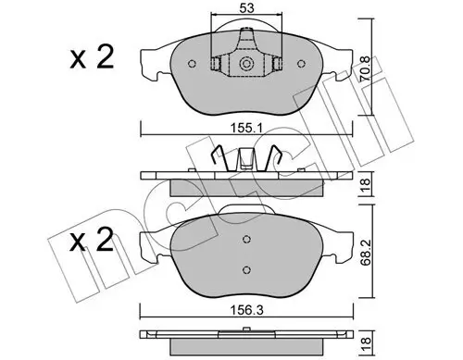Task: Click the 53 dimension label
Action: coord(246,8)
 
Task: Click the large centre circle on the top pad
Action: coord(246,65)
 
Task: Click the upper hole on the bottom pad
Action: coord(246,237)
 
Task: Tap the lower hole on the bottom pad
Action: coord(246,269)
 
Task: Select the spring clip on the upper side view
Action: coord(246,158)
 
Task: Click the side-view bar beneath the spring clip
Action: coord(246,177)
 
